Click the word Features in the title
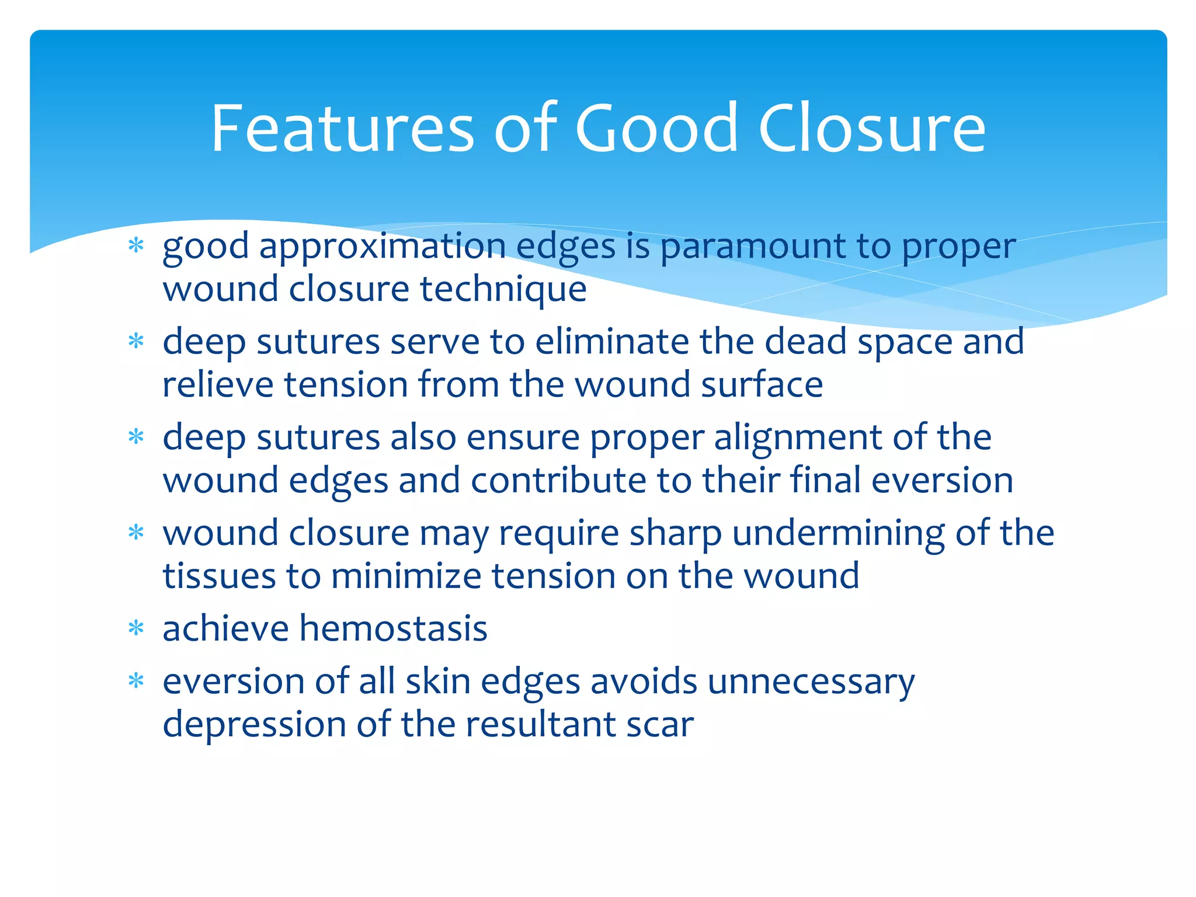point(342,128)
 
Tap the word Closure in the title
point(872,128)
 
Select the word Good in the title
point(657,128)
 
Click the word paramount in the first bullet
point(753,247)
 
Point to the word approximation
point(383,247)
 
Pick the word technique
point(503,290)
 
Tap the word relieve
point(218,385)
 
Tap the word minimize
point(406,576)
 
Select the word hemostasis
point(393,629)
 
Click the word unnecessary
point(811,683)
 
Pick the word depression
point(254,725)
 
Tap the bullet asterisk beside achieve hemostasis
point(136,628)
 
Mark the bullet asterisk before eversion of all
point(136,681)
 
